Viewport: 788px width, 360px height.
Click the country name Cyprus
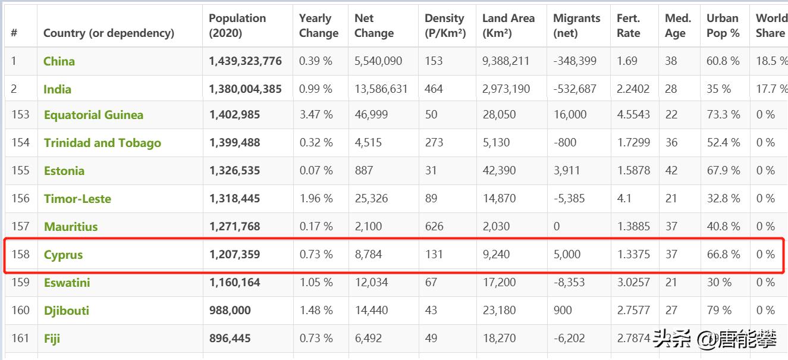point(63,255)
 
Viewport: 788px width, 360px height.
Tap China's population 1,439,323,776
point(245,61)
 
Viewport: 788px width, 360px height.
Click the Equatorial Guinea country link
point(93,115)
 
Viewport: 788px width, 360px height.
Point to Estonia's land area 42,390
point(500,171)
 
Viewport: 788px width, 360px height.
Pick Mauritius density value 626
point(434,227)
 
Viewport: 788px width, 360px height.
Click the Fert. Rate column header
point(629,26)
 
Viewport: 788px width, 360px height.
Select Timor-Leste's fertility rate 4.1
point(624,199)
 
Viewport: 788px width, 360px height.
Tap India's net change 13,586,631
point(381,89)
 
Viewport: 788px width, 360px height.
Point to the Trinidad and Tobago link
point(102,143)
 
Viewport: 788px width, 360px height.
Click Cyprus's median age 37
point(671,255)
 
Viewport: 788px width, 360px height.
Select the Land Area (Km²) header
point(508,26)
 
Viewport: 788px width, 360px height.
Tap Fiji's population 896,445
point(230,339)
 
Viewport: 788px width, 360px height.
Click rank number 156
point(20,199)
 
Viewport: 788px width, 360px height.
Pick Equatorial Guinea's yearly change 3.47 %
point(316,115)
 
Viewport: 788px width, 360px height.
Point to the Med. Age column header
point(677,26)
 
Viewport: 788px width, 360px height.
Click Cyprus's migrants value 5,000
point(567,255)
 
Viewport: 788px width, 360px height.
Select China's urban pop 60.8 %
point(723,61)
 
